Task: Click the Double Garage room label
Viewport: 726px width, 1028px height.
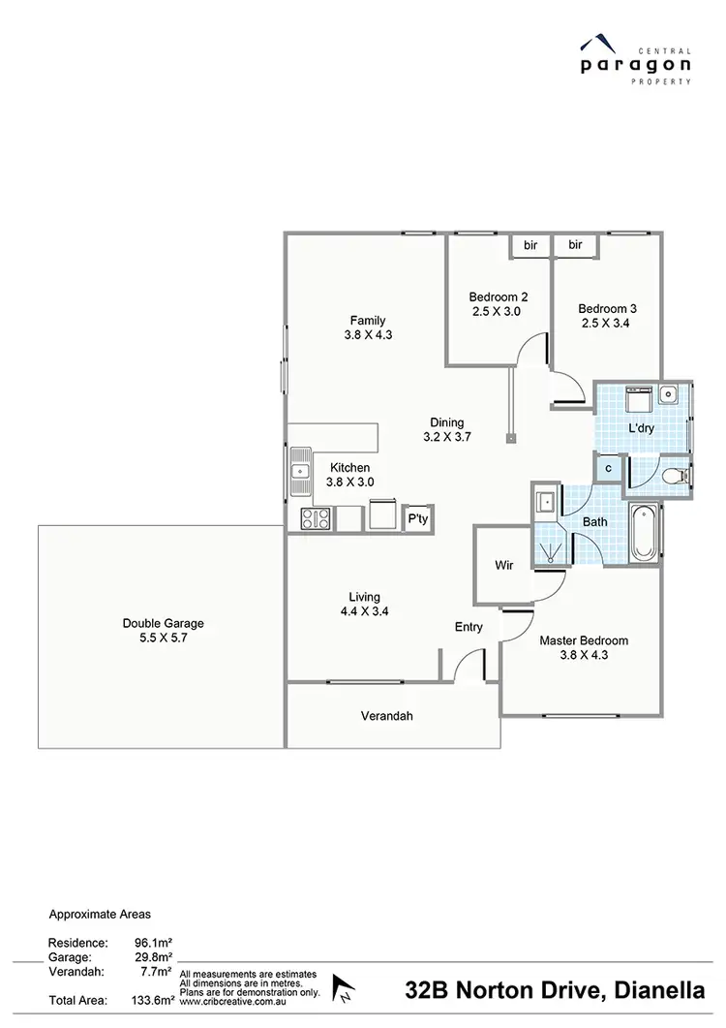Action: point(163,624)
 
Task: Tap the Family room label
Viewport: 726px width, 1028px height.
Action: point(368,321)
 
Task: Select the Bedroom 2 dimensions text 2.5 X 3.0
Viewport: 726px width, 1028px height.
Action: point(497,312)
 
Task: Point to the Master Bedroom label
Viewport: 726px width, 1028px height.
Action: point(584,640)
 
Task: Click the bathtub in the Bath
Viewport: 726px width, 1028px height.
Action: point(643,532)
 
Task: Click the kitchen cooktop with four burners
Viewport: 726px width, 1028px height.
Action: point(316,518)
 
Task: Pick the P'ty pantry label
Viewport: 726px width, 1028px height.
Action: point(418,519)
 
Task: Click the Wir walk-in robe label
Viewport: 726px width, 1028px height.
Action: point(503,563)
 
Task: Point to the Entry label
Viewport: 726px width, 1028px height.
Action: point(469,627)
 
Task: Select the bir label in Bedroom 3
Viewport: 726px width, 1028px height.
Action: point(575,245)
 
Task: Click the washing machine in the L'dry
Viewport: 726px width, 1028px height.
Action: point(637,400)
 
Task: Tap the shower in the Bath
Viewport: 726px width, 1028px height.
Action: point(552,548)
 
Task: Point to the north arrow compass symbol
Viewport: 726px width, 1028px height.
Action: point(342,989)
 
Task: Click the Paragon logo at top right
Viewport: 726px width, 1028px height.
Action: point(635,60)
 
